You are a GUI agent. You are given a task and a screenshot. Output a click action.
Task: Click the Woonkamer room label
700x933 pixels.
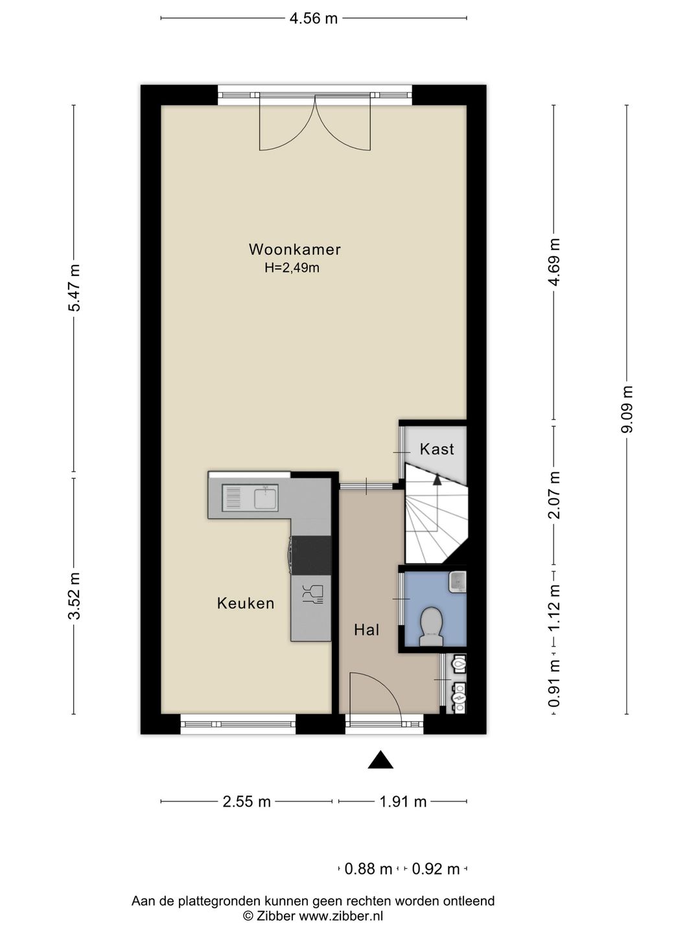[294, 249]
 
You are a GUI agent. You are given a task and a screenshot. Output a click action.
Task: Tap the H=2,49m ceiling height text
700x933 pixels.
[292, 268]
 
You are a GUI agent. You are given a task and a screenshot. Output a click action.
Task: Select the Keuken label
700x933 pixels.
[246, 603]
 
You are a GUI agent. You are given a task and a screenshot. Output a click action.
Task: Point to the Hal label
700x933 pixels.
[367, 630]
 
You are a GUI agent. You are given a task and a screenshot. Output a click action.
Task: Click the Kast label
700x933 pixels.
[437, 449]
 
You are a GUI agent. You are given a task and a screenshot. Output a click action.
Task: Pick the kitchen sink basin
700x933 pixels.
[266, 499]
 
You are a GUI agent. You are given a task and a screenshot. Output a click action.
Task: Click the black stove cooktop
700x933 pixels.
[311, 555]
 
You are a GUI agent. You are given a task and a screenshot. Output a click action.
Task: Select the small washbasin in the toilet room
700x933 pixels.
[458, 581]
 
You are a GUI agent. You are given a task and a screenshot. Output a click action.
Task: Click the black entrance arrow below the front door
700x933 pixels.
[380, 760]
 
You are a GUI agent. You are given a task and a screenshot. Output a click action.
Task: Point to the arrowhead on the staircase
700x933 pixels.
[437, 479]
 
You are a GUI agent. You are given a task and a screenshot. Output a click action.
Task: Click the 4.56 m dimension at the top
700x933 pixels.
[314, 19]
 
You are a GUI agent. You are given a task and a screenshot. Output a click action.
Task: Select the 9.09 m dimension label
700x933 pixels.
[627, 409]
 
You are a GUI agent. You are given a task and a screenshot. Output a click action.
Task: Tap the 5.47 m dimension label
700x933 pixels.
[74, 288]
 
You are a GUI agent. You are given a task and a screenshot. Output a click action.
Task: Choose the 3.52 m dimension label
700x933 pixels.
[74, 595]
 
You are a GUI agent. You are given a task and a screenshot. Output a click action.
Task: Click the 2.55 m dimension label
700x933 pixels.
[247, 801]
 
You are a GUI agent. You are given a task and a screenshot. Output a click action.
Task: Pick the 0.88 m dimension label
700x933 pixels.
[368, 870]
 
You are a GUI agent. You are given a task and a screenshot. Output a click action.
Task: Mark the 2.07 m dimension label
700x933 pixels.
[554, 495]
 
